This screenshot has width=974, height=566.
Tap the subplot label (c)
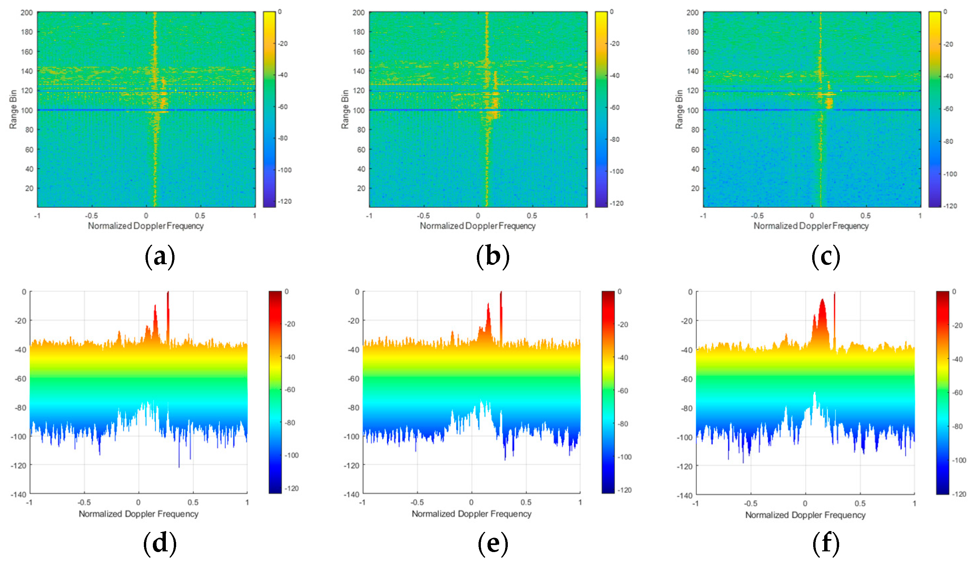point(825,257)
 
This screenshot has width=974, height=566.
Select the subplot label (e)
point(493,544)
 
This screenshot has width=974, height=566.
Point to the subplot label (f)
point(825,544)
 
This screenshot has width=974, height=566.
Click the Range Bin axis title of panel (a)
point(13,109)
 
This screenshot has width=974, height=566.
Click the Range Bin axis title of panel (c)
point(679,109)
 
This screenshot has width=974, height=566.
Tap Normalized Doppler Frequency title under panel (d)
point(139,514)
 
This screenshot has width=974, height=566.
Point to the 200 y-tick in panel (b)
point(358,13)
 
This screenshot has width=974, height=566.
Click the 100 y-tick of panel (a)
point(27,110)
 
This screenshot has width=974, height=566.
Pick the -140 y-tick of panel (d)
point(18,494)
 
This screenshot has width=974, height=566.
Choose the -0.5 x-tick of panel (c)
point(757,216)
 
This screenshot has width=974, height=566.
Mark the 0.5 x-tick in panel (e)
point(526,502)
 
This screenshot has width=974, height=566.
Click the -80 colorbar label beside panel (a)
point(283,138)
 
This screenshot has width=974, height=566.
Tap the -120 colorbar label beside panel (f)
point(959,494)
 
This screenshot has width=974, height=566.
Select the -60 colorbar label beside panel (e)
point(623,391)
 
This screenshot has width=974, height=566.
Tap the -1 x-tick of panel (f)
point(695,503)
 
